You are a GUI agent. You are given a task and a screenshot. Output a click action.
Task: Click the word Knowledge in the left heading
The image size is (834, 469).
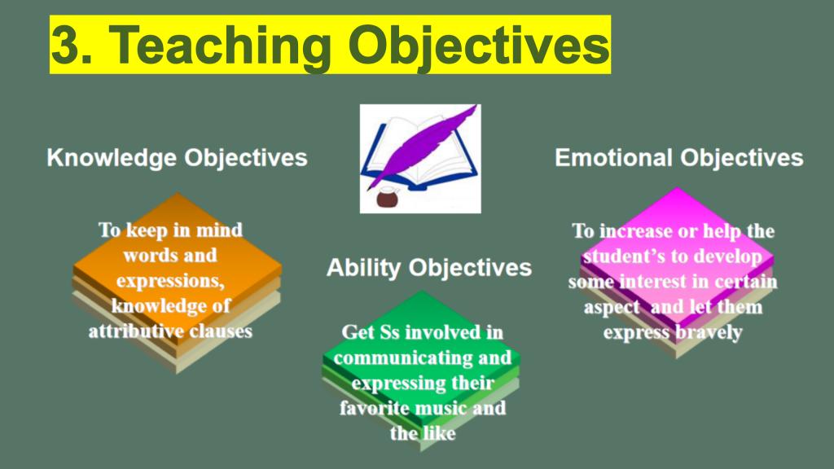(112, 159)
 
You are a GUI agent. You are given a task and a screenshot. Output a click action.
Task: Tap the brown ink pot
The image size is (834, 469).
(388, 197)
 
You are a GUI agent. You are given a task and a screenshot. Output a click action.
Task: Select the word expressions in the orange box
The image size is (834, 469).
(170, 281)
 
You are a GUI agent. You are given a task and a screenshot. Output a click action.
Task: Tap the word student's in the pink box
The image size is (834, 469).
(623, 256)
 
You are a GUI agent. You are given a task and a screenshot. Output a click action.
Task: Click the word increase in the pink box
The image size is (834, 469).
(635, 231)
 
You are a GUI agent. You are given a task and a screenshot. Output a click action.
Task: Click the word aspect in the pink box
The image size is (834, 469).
(611, 308)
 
